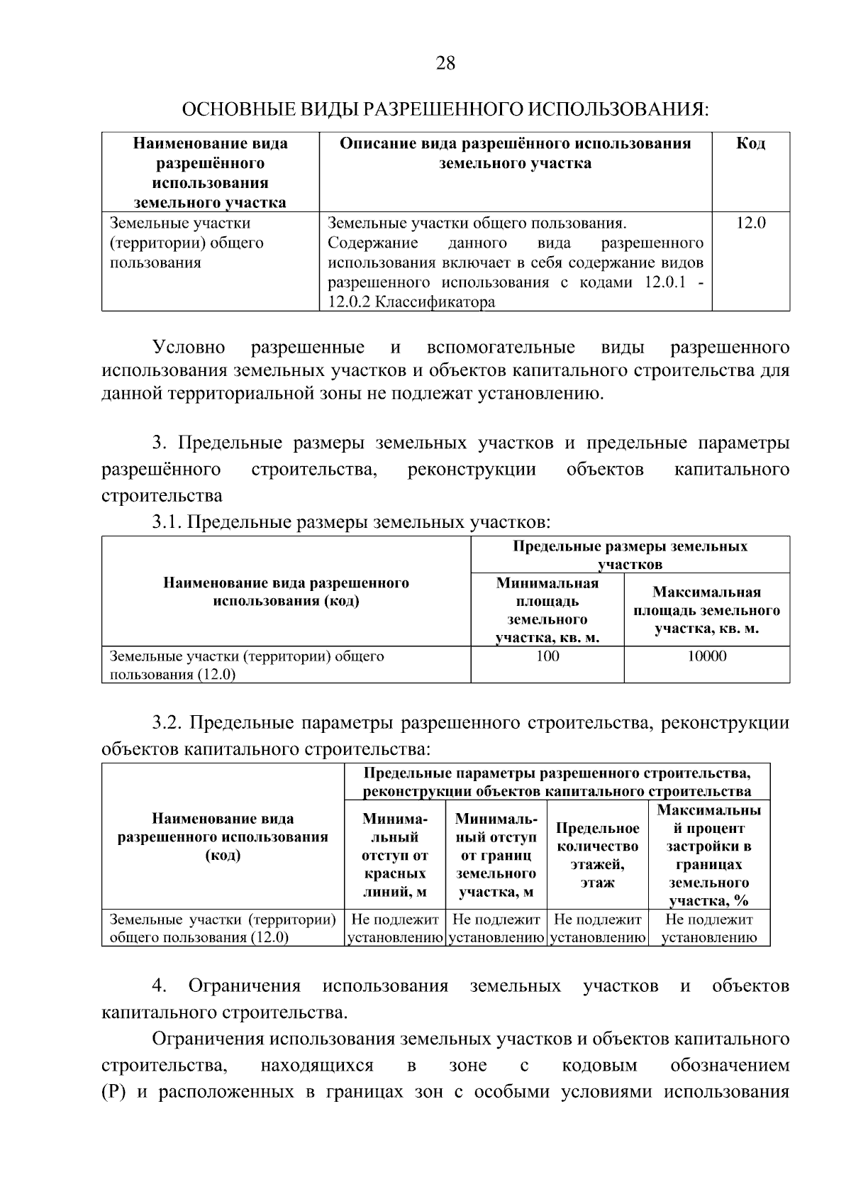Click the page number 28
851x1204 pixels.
point(445,64)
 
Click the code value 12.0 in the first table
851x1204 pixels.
point(750,223)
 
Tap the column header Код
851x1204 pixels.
point(750,144)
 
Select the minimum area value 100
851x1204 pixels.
point(547,656)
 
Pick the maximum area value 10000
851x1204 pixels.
point(706,656)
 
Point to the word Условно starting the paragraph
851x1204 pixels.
point(189,348)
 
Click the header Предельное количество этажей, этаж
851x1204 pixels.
point(597,856)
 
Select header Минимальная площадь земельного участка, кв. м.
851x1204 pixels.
point(547,610)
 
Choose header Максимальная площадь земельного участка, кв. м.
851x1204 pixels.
point(706,610)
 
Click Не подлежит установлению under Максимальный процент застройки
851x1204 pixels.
point(708,929)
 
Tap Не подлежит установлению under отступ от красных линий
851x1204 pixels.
point(395,929)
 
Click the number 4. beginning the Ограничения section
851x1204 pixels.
point(160,986)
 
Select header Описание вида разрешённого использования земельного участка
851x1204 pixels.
point(515,154)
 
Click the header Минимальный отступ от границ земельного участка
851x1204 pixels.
point(496,856)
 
